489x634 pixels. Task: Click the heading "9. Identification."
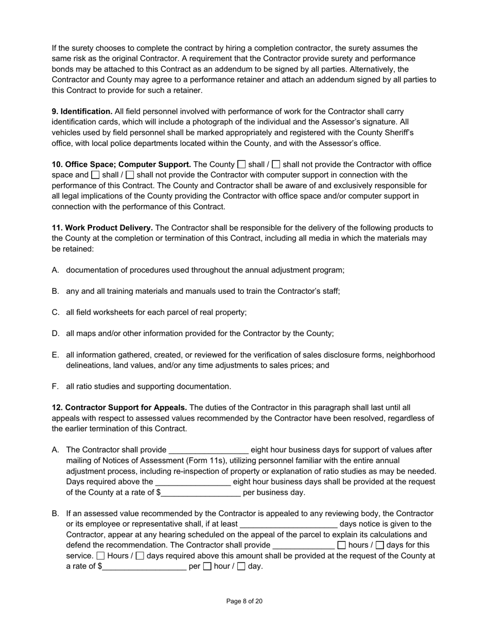[x=82, y=111]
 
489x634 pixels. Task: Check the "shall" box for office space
[x=241, y=164]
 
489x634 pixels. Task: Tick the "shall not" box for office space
[x=276, y=164]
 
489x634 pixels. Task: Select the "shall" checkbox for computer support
[x=95, y=175]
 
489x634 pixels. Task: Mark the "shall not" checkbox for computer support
[x=130, y=175]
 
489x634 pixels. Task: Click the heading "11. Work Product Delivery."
[x=102, y=228]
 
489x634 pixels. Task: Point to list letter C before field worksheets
[x=56, y=312]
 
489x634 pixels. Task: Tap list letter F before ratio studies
[x=55, y=387]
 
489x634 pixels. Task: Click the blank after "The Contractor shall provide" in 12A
[x=208, y=451]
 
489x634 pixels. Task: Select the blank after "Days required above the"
[x=193, y=482]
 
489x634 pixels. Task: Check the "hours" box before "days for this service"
[x=341, y=545]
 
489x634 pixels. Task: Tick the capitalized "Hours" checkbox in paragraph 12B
[x=101, y=556]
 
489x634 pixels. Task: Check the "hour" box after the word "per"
[x=207, y=566]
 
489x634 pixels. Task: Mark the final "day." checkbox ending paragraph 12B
[x=241, y=566]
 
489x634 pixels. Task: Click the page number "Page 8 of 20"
[x=244, y=601]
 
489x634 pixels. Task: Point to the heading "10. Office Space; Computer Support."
[x=121, y=164]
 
